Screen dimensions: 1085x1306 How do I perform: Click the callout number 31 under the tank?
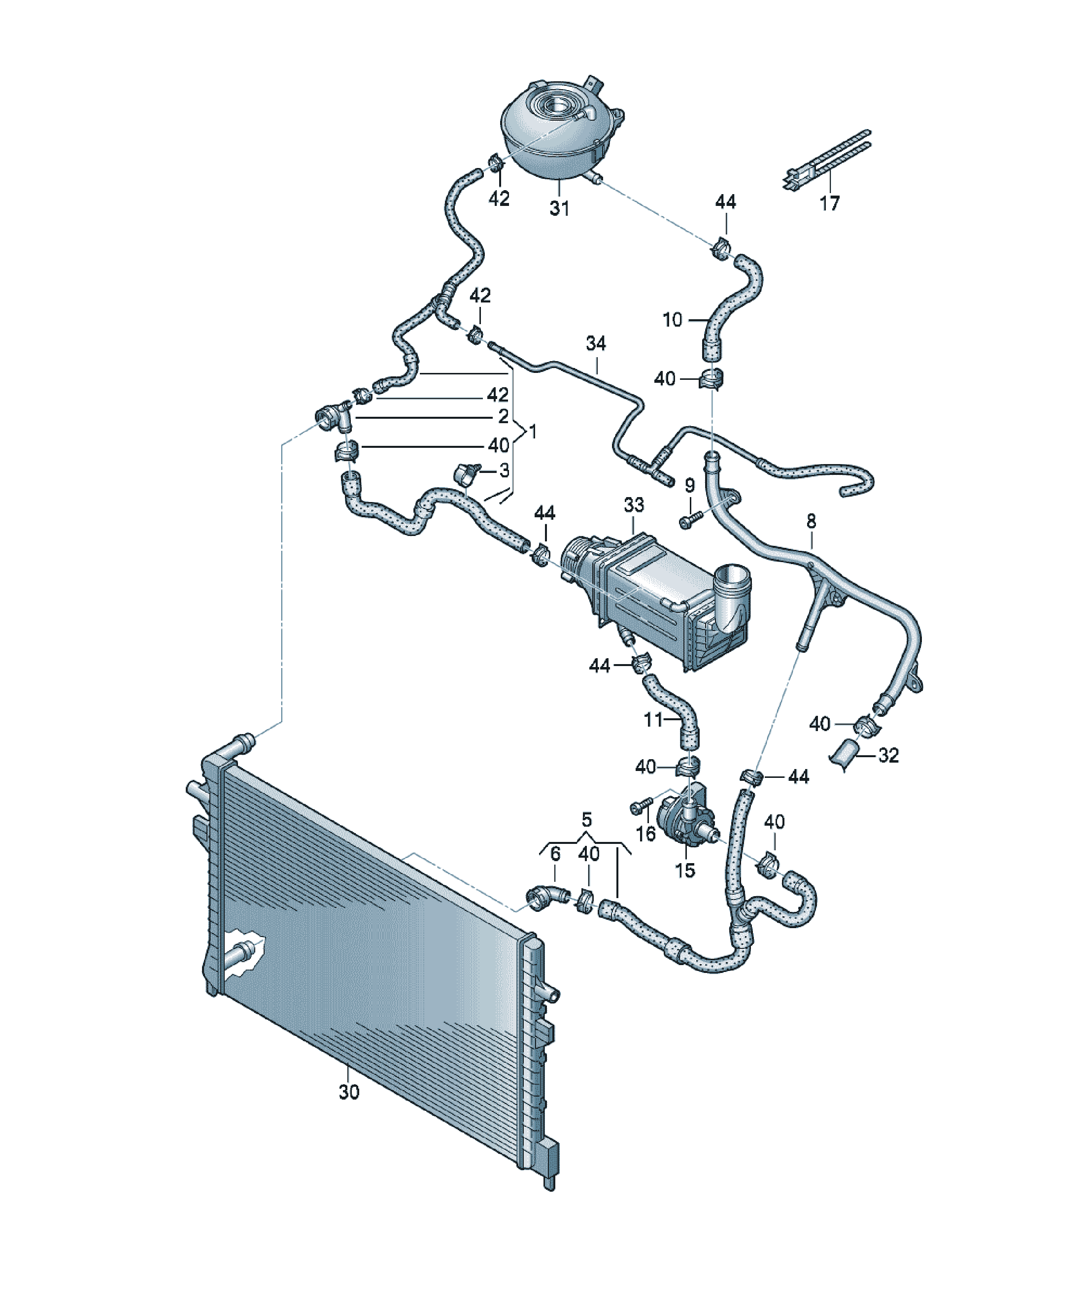pyautogui.click(x=559, y=208)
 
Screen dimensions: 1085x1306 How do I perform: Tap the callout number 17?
pyautogui.click(x=829, y=203)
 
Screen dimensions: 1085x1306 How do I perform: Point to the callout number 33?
pyautogui.click(x=634, y=504)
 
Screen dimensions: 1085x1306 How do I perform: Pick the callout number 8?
pyautogui.click(x=811, y=521)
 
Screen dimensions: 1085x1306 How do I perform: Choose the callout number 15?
pyautogui.click(x=685, y=870)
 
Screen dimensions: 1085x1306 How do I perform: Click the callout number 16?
pyautogui.click(x=646, y=834)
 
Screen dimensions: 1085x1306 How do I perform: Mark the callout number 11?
pyautogui.click(x=653, y=720)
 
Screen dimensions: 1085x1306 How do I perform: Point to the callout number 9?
pyautogui.click(x=689, y=485)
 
